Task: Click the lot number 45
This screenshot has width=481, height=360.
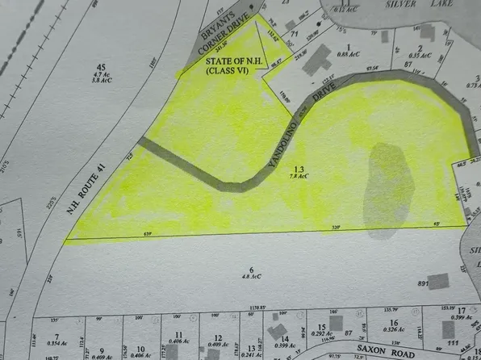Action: (x=101, y=67)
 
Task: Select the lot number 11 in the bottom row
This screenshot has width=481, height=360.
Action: (x=179, y=333)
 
